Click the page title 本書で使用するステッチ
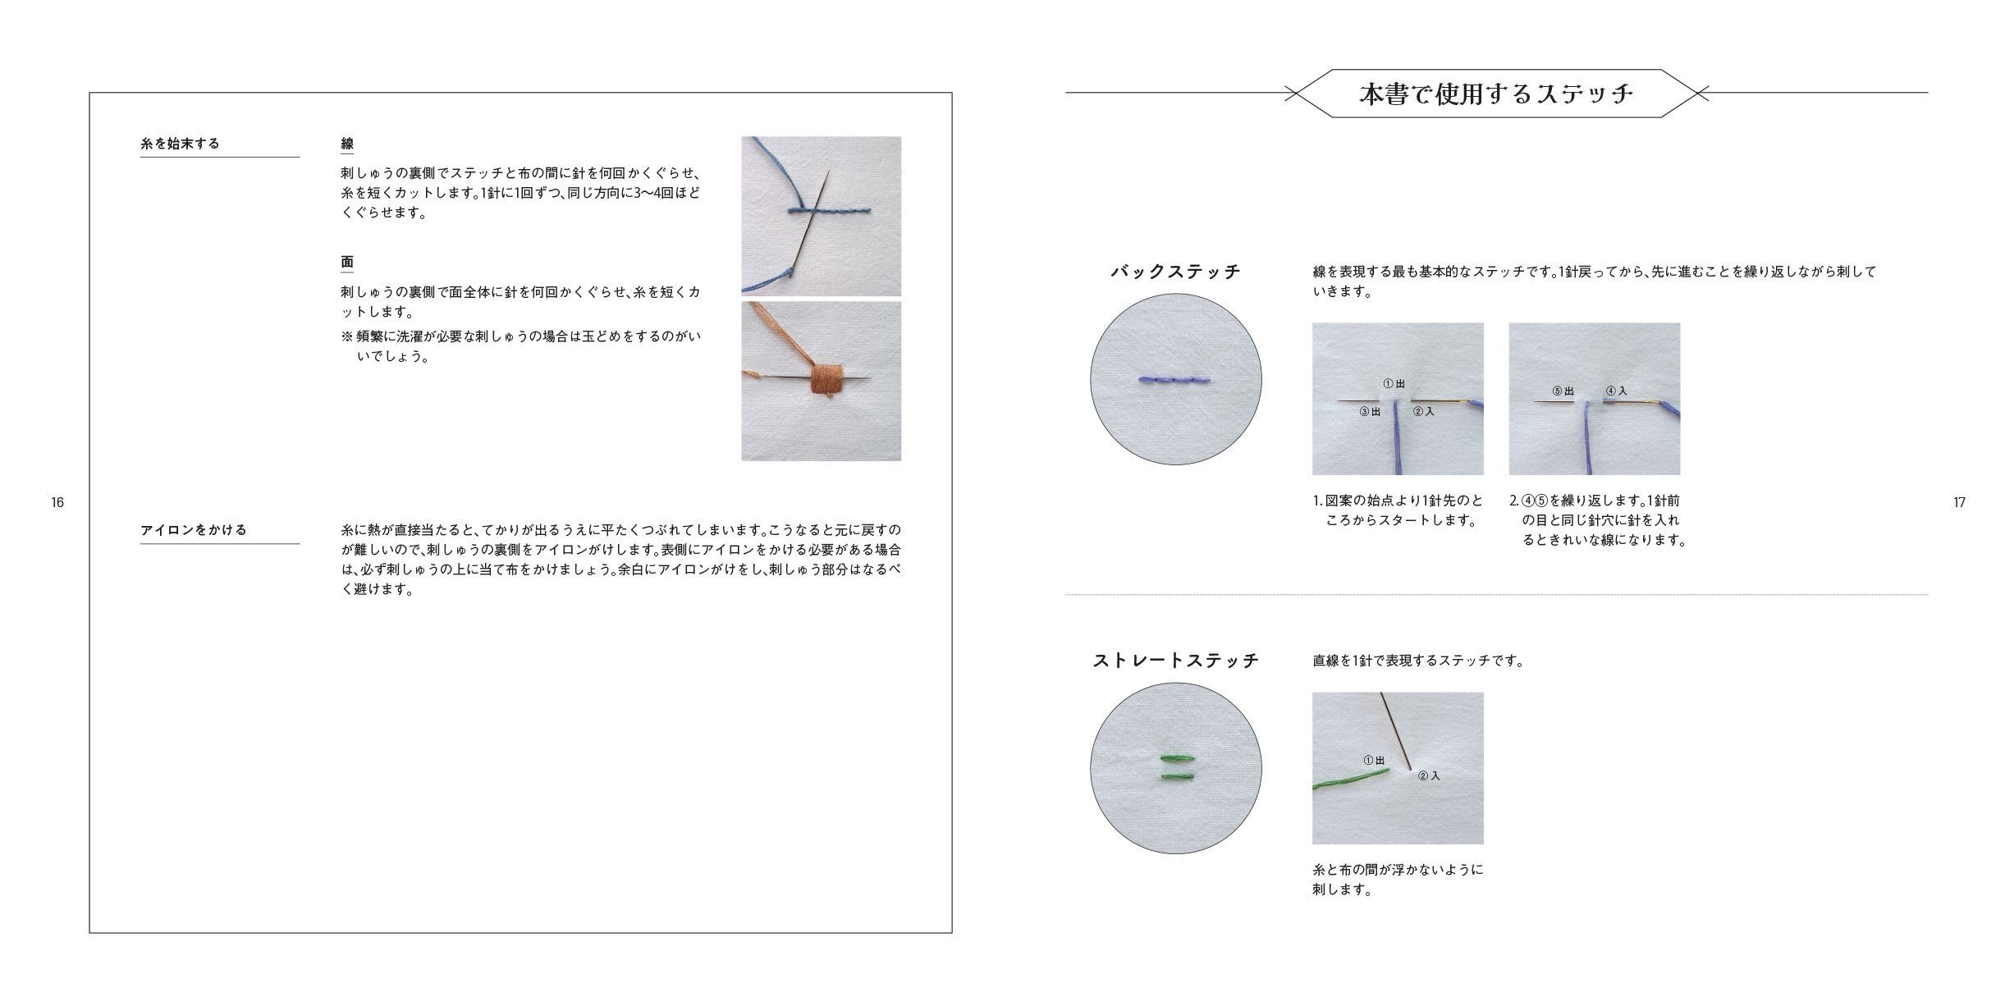pos(1496,94)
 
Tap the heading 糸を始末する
pos(181,144)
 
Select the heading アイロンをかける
pos(194,530)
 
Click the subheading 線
pos(347,144)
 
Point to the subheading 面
pos(347,263)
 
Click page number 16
pos(57,502)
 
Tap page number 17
pos(1959,502)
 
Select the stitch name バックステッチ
pos(1175,272)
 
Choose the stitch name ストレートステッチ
pos(1175,661)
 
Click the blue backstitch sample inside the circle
pos(1175,380)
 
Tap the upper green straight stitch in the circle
pos(1175,758)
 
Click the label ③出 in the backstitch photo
pos(1370,412)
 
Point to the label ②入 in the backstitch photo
pos(1423,412)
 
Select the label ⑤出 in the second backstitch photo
pos(1563,391)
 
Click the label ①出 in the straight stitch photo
pos(1374,761)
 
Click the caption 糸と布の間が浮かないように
pos(1398,870)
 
